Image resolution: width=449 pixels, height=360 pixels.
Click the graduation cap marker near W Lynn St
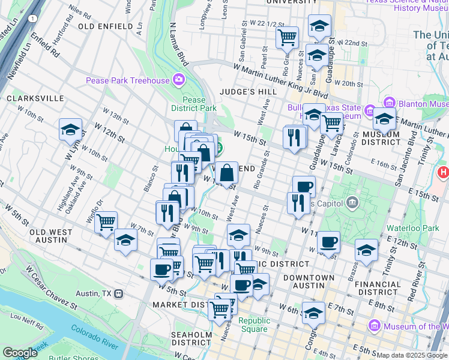click(x=70, y=130)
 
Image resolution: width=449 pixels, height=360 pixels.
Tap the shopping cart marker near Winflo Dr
click(x=106, y=222)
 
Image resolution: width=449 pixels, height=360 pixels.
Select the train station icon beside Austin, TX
click(x=119, y=294)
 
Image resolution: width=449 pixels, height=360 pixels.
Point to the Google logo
click(x=20, y=353)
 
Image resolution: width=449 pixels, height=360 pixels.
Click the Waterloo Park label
click(x=421, y=228)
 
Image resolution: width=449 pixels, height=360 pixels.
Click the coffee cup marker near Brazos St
click(x=328, y=242)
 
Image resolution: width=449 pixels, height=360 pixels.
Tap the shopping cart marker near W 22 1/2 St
click(x=288, y=37)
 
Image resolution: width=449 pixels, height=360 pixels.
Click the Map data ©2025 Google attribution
click(x=412, y=355)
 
